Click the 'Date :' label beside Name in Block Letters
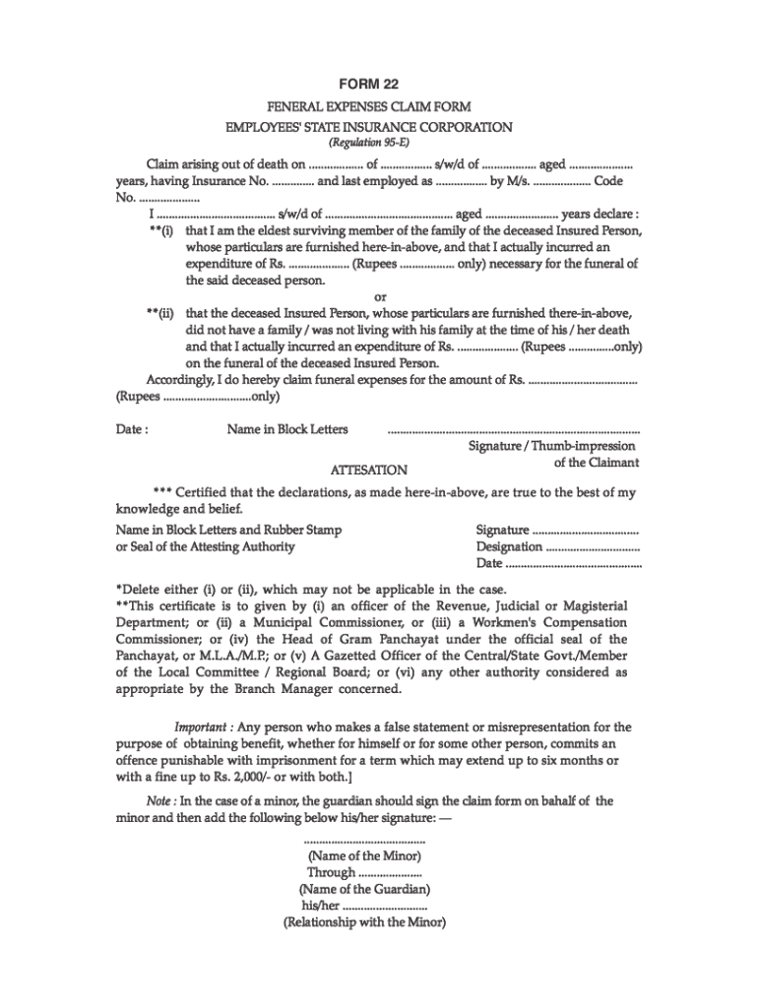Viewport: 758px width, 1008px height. (x=132, y=430)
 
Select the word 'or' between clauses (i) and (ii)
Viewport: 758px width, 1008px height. (x=379, y=296)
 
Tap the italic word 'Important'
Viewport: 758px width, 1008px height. (x=203, y=727)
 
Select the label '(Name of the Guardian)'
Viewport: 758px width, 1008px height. (x=364, y=890)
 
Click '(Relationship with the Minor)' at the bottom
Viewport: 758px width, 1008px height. (x=364, y=923)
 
